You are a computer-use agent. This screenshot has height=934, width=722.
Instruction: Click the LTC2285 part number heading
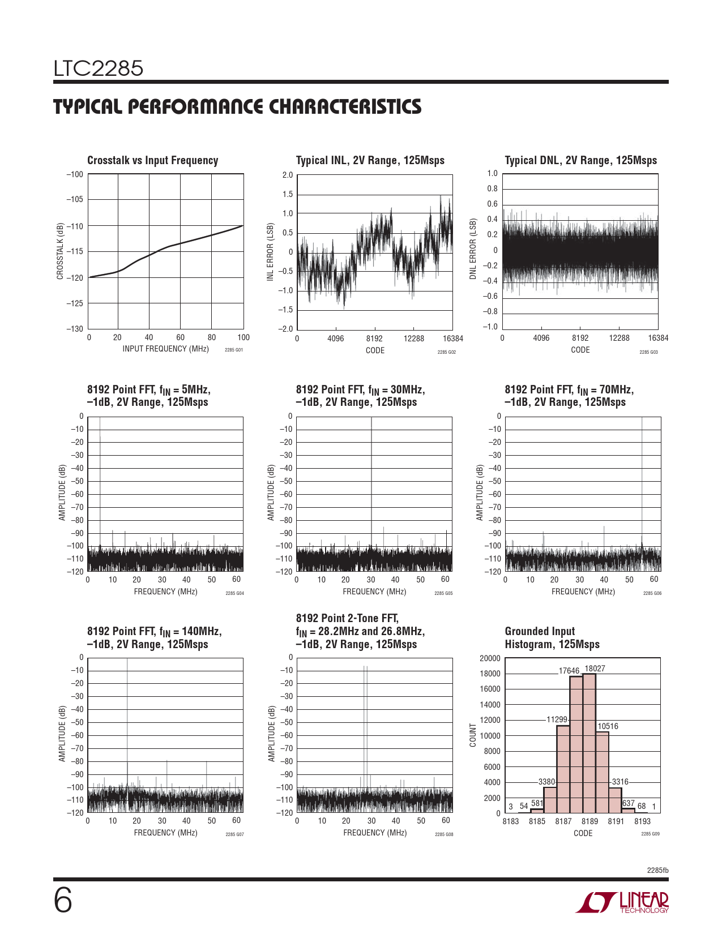[99, 68]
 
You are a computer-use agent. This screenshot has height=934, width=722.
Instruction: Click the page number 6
[63, 901]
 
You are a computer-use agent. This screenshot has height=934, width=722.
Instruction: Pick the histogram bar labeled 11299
[563, 769]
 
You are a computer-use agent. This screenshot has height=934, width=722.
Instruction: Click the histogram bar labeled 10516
[602, 772]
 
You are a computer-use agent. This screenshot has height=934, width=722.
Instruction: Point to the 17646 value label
[569, 671]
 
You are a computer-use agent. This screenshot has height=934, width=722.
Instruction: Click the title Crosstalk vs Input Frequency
[152, 161]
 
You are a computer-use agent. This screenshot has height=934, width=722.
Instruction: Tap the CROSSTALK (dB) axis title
[60, 251]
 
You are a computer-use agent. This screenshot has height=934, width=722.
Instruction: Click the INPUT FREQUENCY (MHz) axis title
[166, 349]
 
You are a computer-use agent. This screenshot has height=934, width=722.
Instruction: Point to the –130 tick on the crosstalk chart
[75, 329]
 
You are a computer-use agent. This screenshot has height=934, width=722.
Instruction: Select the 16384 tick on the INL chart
[452, 339]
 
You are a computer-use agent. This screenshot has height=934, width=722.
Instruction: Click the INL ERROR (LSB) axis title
[270, 252]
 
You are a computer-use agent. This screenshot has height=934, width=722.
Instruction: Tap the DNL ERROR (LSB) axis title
[473, 249]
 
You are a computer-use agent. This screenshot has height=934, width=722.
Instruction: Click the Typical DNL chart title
[580, 161]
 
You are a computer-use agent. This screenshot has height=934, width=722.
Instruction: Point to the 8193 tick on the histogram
[642, 821]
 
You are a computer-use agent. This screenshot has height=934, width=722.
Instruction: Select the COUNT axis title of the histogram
[473, 735]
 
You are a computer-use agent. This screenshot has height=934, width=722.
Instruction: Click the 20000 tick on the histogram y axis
[490, 658]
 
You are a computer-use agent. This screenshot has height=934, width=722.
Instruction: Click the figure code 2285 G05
[443, 593]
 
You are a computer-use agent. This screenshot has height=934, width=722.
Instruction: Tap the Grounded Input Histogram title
[552, 638]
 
